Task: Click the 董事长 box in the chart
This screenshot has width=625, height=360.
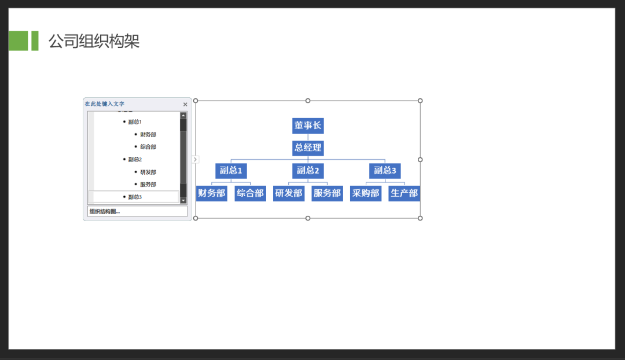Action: pos(308,126)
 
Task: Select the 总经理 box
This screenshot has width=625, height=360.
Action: pos(308,148)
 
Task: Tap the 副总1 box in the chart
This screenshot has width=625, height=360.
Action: pos(231,171)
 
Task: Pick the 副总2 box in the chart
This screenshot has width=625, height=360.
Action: pos(308,171)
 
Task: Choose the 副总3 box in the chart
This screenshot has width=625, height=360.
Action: pos(385,171)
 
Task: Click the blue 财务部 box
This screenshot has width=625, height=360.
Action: pos(212,193)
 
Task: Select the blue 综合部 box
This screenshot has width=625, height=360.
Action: pos(251,193)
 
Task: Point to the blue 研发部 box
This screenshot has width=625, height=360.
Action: pos(289,193)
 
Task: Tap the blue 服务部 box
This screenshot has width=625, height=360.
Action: pos(327,193)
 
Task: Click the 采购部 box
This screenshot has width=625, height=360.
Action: pos(366,193)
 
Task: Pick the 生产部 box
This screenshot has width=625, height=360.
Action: pos(404,193)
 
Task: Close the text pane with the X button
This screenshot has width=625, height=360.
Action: pos(185,104)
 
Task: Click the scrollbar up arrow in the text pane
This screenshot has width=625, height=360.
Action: pos(183,116)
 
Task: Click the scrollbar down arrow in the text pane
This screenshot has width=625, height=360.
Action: pos(183,200)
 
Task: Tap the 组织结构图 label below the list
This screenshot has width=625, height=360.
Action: pos(104,211)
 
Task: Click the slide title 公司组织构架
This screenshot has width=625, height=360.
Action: pos(94,41)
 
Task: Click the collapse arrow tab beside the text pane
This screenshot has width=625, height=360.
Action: pos(195,160)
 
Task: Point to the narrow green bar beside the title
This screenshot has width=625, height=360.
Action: pos(35,41)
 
